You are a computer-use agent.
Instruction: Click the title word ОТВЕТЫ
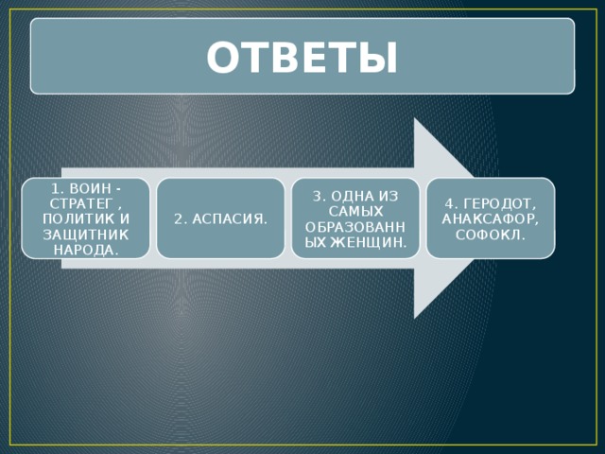pos(302,58)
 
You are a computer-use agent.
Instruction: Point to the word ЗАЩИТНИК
pos(86,234)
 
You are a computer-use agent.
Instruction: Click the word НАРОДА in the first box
pos(84,248)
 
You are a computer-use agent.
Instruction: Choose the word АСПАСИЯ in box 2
pos(228,219)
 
